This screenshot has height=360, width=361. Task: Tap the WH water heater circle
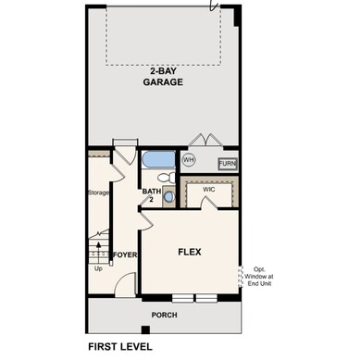pos(189,159)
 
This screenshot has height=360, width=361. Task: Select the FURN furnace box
pos(227,164)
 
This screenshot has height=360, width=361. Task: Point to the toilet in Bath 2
pos(165,179)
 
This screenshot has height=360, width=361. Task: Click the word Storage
pos(99,192)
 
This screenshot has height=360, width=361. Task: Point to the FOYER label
pos(125,254)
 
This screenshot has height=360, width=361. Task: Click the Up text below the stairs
pos(99,269)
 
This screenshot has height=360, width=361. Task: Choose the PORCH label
pos(164,315)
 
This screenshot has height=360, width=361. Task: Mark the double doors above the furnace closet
pos(204,141)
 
